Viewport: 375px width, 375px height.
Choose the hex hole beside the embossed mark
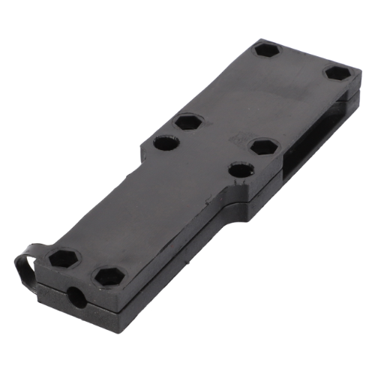click(263, 146)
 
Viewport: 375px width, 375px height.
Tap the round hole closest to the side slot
click(241, 170)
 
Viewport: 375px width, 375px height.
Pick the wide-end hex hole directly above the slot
click(338, 74)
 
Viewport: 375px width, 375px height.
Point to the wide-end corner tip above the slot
click(358, 72)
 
